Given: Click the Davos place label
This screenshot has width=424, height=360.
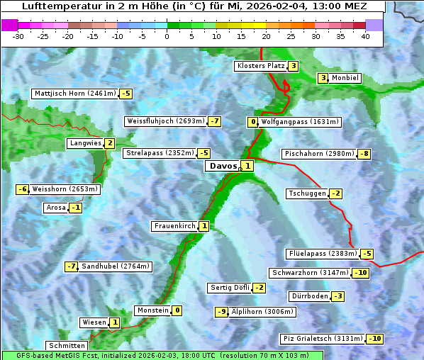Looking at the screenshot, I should [x=222, y=166].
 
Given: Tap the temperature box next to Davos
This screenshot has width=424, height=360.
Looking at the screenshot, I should [x=247, y=166].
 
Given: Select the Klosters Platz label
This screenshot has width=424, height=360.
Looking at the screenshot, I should [x=260, y=66].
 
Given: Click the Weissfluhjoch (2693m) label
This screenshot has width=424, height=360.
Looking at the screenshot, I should [x=165, y=121].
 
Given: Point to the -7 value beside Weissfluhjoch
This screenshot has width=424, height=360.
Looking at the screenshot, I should [x=214, y=121].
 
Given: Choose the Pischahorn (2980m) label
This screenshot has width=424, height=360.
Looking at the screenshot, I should [x=318, y=153].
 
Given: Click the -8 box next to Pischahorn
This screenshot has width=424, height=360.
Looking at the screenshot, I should [x=364, y=154].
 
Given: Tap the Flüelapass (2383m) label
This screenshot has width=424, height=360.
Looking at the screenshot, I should [x=322, y=253].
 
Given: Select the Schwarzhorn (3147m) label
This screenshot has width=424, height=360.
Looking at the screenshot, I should [x=311, y=273].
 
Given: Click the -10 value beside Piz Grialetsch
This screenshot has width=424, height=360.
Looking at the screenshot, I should [x=374, y=339].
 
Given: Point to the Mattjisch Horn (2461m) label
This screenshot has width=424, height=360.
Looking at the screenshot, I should [x=75, y=94].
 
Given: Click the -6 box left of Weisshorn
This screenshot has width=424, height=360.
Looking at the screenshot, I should [x=23, y=189].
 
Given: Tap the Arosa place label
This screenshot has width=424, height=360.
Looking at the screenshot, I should [x=55, y=208].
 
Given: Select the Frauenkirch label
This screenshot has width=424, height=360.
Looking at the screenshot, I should [x=174, y=226].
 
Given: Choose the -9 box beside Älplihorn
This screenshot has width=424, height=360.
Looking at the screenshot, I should [x=222, y=312].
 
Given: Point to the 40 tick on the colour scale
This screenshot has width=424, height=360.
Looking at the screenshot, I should [x=365, y=36].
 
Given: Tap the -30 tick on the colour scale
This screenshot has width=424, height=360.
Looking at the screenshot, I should [x=18, y=36].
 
